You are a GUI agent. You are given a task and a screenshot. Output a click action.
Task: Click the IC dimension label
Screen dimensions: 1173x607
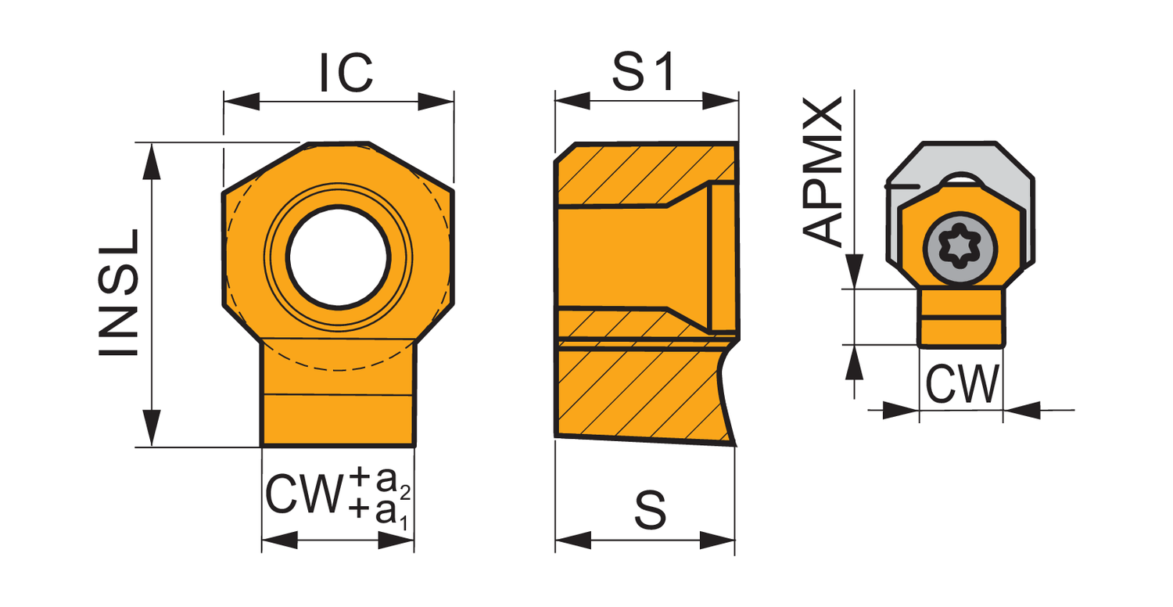[346, 72]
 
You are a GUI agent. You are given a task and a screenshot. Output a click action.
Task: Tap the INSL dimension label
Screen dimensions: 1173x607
[119, 293]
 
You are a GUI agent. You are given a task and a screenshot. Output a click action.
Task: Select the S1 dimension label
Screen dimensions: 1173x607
[644, 72]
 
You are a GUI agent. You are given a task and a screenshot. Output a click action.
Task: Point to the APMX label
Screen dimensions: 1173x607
[823, 171]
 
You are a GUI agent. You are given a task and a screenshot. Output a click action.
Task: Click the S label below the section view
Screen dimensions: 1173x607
[650, 510]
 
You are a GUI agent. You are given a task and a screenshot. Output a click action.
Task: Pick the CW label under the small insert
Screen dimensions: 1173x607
[963, 384]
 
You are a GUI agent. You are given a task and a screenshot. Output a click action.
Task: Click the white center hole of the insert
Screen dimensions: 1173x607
[339, 257]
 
